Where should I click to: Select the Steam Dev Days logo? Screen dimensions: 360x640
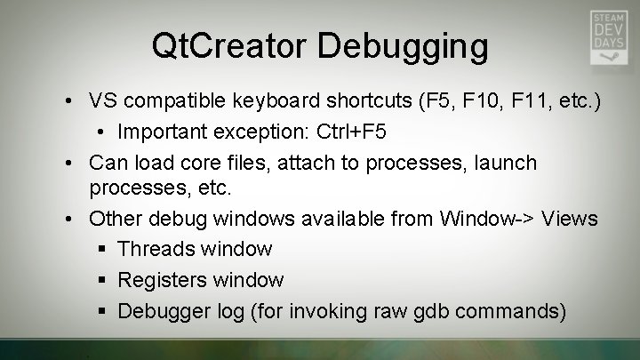click(x=611, y=36)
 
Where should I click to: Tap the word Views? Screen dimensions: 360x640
click(x=569, y=219)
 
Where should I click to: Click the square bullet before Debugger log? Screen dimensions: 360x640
click(x=103, y=310)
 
